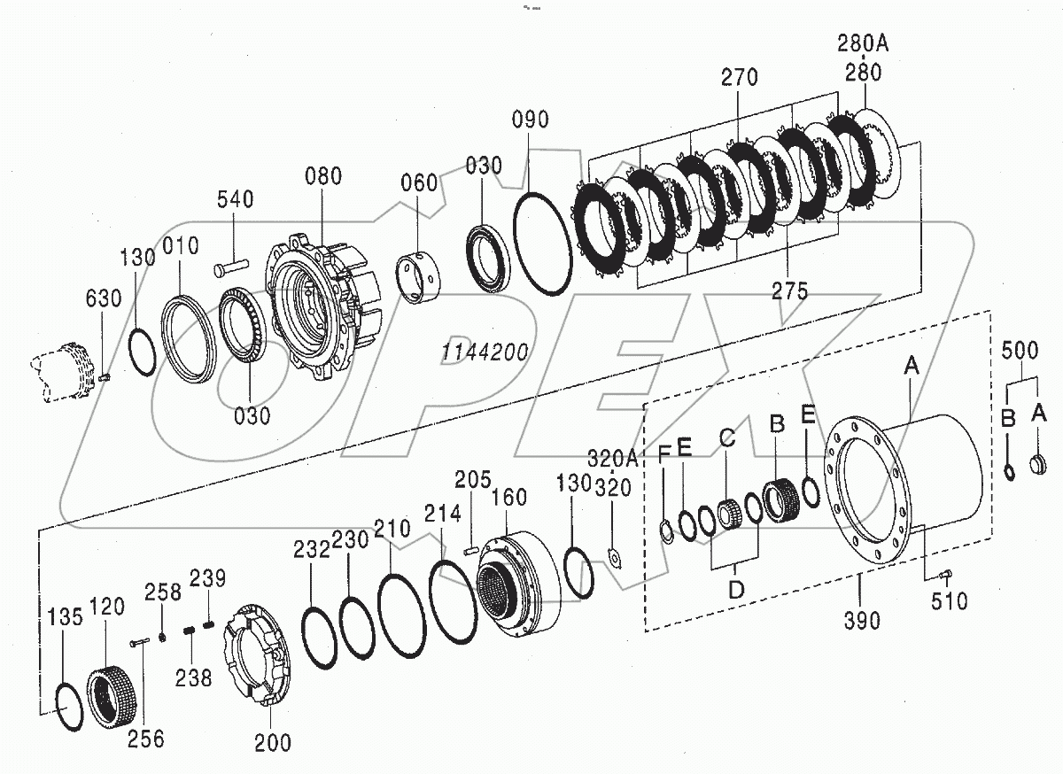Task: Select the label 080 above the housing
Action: click(322, 175)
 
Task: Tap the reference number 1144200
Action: click(485, 352)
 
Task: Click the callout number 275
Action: click(789, 292)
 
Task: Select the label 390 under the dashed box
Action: click(862, 621)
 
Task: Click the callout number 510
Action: click(949, 602)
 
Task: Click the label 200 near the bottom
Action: click(272, 742)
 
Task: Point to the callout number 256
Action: click(145, 737)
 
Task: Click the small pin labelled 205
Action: click(470, 550)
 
